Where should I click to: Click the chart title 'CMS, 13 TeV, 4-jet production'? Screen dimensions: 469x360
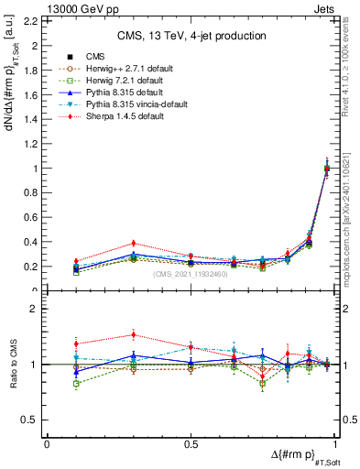tap(191, 37)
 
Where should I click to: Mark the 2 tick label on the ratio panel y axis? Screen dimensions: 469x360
tap(35, 310)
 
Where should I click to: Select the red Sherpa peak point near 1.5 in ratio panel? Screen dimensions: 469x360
tap(133, 334)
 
